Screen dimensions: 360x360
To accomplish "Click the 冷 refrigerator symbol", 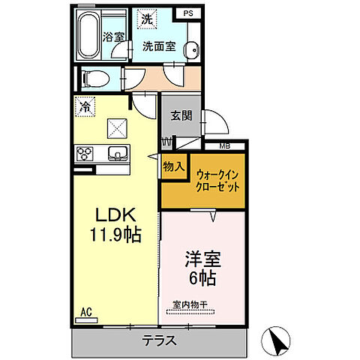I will pyautogui.click(x=85, y=107).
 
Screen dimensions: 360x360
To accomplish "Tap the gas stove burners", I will pyautogui.click(x=83, y=154).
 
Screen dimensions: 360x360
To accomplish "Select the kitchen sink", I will pyautogui.click(x=118, y=154).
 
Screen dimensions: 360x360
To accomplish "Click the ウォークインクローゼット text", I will pyautogui.click(x=218, y=180).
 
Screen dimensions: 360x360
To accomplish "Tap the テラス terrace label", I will pyautogui.click(x=158, y=340).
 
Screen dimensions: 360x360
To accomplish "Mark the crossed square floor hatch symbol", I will pyautogui.click(x=117, y=129).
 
